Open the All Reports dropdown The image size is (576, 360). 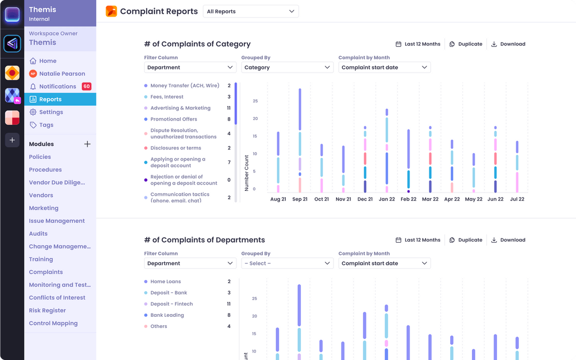pyautogui.click(x=251, y=11)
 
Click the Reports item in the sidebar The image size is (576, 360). pyautogui.click(x=50, y=99)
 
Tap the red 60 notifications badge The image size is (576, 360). pyautogui.click(x=86, y=86)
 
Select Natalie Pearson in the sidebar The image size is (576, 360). pyautogui.click(x=62, y=74)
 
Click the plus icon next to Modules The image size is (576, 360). pyautogui.click(x=87, y=144)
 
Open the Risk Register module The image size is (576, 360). pyautogui.click(x=47, y=310)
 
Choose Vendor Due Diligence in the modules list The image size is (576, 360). pyautogui.click(x=57, y=182)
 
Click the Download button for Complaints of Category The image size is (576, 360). pyautogui.click(x=508, y=44)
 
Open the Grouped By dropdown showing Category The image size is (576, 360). pyautogui.click(x=287, y=68)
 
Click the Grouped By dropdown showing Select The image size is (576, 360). pyautogui.click(x=287, y=263)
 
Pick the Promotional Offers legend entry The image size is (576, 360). pyautogui.click(x=173, y=119)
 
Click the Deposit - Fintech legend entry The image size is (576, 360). pyautogui.click(x=171, y=304)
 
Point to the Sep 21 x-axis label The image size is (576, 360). pyautogui.click(x=300, y=199)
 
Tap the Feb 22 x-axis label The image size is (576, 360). pyautogui.click(x=409, y=199)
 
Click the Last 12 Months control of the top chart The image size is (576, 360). pyautogui.click(x=418, y=44)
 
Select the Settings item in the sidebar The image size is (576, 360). pyautogui.click(x=51, y=112)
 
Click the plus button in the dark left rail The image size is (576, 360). pyautogui.click(x=12, y=140)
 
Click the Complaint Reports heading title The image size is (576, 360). pyautogui.click(x=159, y=11)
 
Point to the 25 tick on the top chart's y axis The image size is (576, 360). pyautogui.click(x=255, y=101)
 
